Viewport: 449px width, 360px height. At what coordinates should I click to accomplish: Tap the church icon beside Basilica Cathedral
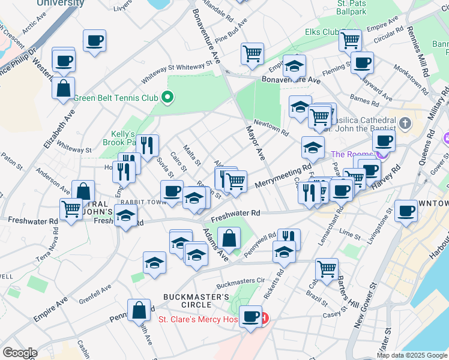(406, 124)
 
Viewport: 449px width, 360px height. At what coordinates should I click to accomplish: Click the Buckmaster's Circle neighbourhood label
(196, 301)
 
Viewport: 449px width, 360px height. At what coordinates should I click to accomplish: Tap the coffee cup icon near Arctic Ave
(94, 41)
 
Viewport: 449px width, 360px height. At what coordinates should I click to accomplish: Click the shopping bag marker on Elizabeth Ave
(64, 89)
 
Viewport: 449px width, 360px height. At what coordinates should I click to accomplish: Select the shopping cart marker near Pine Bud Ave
(253, 53)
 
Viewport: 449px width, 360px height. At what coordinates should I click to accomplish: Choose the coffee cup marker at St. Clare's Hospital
(250, 316)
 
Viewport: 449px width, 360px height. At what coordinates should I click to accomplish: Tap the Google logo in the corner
(19, 353)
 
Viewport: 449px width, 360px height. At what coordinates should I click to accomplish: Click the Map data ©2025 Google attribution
(412, 355)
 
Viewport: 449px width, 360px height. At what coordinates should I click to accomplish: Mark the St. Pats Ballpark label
(351, 8)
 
